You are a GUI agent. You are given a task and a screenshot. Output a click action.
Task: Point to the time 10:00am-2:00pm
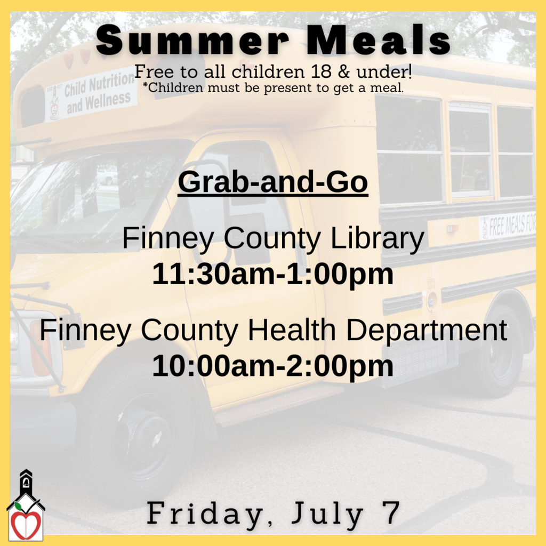(x=272, y=366)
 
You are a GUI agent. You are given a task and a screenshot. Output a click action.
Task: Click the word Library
(x=377, y=239)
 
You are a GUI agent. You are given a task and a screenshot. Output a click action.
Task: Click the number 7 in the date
(x=391, y=513)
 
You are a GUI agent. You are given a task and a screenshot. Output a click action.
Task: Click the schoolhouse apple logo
(x=26, y=507)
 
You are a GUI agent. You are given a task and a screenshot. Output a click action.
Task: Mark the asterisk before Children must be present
(x=145, y=85)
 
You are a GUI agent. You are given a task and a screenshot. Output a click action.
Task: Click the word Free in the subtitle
(x=150, y=71)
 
